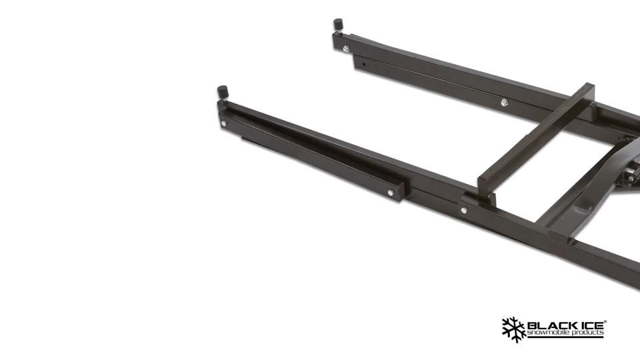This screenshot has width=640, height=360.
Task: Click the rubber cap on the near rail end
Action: [222, 92]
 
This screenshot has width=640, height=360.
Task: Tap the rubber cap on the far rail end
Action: [338, 25]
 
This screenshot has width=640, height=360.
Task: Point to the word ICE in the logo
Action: [588, 325]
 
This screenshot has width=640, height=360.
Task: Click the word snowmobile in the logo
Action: [549, 332]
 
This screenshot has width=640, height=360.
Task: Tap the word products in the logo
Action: [587, 332]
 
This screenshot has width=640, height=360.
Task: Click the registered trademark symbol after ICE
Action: [605, 321]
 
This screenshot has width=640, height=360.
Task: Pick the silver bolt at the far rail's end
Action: [345, 47]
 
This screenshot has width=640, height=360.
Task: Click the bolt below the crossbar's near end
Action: [463, 210]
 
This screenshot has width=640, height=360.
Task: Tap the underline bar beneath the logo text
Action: [565, 337]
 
